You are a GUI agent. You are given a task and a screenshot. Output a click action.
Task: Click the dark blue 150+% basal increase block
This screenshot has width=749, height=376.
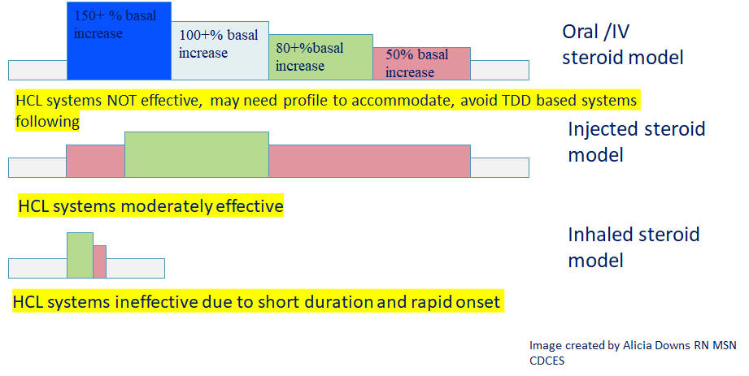(x=119, y=41)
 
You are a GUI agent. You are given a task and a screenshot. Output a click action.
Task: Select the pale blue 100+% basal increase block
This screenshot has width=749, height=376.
(x=220, y=50)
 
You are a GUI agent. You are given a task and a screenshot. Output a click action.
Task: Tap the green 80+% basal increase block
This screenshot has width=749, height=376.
(x=320, y=57)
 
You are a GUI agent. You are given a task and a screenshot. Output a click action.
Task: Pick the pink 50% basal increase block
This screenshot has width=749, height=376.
(x=422, y=63)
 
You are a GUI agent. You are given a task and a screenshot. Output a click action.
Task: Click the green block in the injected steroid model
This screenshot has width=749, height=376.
(x=197, y=154)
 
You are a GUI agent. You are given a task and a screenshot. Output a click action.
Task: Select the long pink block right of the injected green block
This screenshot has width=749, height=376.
(x=370, y=162)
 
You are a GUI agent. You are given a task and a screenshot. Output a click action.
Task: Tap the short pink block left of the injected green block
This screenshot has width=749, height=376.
(x=95, y=162)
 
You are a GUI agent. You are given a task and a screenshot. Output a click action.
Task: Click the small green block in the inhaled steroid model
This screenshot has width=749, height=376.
(x=80, y=255)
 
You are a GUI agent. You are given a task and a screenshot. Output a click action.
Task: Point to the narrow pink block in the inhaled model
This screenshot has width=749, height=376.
(x=99, y=261)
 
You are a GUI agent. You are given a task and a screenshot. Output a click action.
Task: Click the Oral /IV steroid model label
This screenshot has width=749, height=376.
(x=622, y=45)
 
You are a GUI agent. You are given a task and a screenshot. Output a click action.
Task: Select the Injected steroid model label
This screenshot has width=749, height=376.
(x=636, y=142)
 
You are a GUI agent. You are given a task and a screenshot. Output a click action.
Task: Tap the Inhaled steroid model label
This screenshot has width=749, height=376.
(x=634, y=247)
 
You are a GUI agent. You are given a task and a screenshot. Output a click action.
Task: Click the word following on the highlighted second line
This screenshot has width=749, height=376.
(x=47, y=121)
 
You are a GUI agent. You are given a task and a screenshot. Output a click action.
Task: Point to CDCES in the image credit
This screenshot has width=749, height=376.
(x=547, y=361)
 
